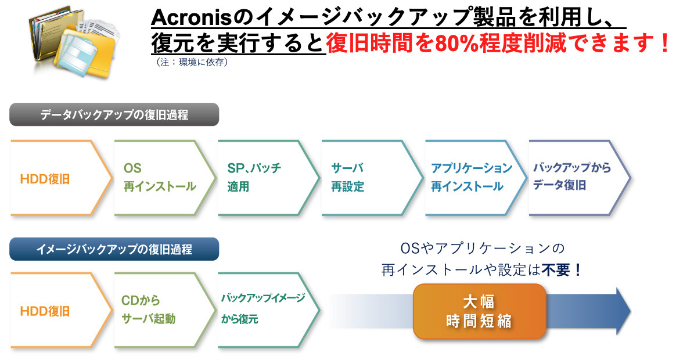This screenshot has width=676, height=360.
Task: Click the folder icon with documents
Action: coord(74,43)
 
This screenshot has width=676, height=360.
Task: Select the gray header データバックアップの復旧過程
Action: coord(114,115)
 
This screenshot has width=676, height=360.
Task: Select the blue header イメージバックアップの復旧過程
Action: coord(114,249)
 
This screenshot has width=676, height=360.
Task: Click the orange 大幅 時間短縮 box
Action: coord(479,311)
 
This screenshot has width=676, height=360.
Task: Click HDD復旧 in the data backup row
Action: coord(45,179)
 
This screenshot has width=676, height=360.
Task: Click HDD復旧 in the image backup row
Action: coord(45,311)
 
